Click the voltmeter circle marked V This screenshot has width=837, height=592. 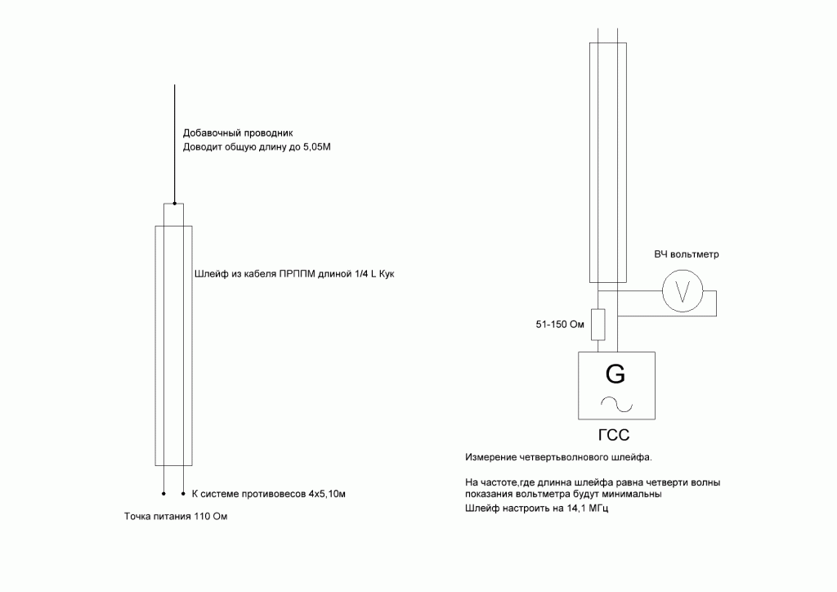click(683, 291)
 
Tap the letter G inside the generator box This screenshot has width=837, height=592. click(615, 374)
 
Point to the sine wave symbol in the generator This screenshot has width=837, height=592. click(616, 404)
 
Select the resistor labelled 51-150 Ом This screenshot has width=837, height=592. click(598, 324)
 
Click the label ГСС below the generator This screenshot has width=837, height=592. click(614, 435)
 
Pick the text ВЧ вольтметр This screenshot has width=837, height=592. click(687, 254)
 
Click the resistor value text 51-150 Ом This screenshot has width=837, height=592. click(560, 325)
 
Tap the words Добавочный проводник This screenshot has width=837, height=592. click(238, 133)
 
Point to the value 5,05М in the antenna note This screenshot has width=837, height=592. click(317, 147)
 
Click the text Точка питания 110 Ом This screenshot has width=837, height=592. click(176, 516)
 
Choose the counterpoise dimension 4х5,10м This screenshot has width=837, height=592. click(327, 494)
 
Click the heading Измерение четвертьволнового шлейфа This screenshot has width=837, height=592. click(558, 457)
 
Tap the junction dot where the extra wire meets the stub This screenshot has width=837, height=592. click(175, 204)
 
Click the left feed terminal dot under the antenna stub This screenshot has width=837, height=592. click(163, 494)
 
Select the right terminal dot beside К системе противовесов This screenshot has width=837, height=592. click(184, 494)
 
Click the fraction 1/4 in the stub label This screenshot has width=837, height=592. click(361, 274)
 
